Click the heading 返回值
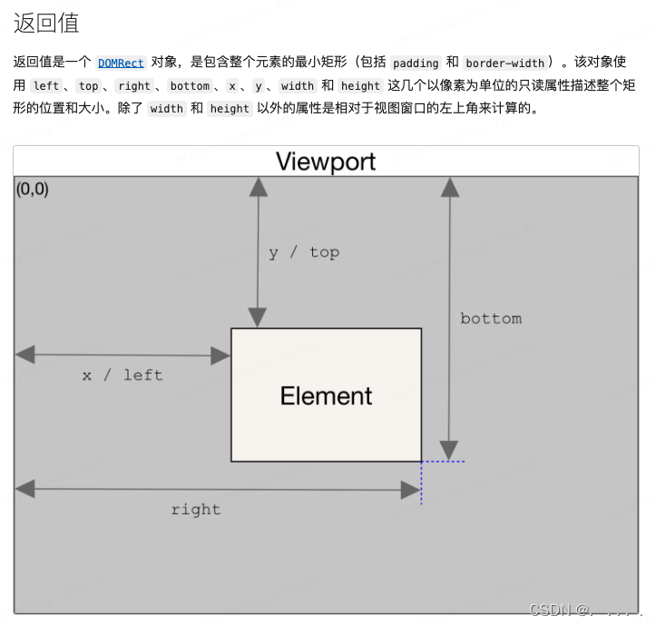46,23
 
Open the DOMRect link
121,63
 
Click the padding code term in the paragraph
416,63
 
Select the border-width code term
504,63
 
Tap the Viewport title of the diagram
326,161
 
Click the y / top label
303,252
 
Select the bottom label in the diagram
490,318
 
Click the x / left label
122,375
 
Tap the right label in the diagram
195,509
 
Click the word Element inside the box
326,396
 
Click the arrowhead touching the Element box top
259,317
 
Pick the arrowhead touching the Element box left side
220,356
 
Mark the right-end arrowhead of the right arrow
411,490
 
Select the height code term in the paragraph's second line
360,86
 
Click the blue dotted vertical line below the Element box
422,483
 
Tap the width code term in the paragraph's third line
166,109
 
